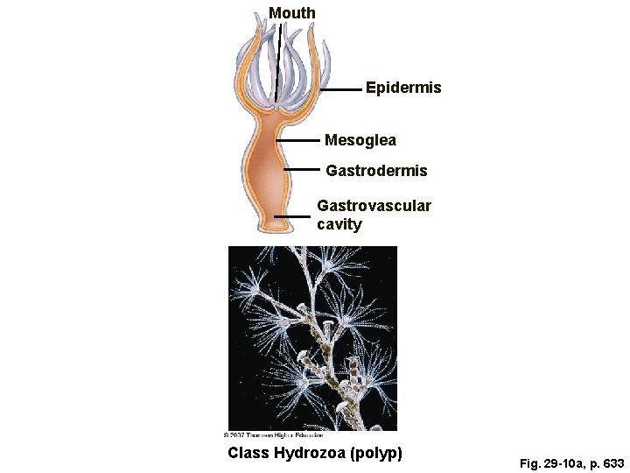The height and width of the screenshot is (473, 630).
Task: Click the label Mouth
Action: [292, 13]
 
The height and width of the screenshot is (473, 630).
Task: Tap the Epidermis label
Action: [403, 88]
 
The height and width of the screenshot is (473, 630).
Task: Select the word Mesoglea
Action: [360, 139]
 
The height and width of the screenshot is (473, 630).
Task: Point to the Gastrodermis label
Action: [376, 171]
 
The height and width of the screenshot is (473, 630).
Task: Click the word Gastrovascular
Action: [374, 206]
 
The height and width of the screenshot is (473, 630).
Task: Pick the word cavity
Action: [339, 224]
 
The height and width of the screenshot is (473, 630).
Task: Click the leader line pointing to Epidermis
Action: [341, 89]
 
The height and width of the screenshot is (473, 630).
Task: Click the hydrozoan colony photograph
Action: [312, 337]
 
